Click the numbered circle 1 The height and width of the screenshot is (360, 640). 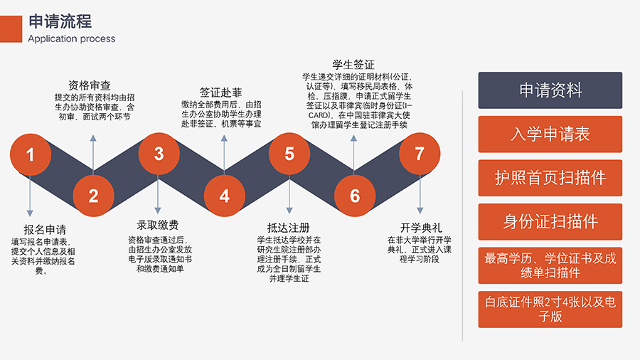(31, 154)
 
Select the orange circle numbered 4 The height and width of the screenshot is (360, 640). (224, 196)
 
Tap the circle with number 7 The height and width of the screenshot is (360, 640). (420, 154)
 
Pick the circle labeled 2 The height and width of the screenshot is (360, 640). (93, 196)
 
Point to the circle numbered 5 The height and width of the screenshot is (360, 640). (289, 154)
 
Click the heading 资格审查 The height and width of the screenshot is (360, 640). (90, 85)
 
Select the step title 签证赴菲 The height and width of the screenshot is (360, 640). (221, 92)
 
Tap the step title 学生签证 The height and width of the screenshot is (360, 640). (353, 65)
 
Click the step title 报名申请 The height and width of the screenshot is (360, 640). (45, 229)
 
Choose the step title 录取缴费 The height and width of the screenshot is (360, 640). (158, 225)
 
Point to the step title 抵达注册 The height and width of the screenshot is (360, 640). (289, 228)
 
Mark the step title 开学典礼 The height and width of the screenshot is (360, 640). (421, 228)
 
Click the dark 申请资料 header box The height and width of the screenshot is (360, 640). (550, 90)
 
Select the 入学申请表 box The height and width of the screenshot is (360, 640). (550, 134)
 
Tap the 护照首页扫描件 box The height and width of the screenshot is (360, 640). (550, 178)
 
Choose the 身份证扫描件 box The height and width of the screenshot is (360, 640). (550, 222)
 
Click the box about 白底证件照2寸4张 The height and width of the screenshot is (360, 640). (550, 309)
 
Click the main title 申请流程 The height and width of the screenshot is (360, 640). (60, 21)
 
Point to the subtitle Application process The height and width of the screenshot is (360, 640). (71, 39)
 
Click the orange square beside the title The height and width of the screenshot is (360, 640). (11, 29)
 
